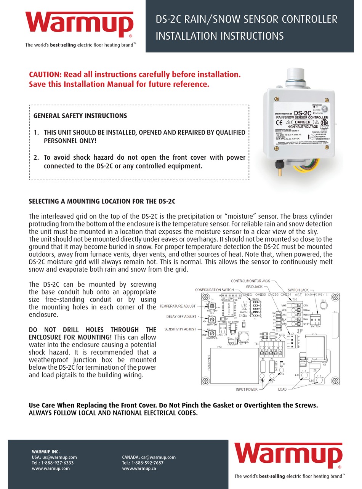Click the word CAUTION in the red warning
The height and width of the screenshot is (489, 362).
tap(45, 75)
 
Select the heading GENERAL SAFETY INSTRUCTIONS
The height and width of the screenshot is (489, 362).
tap(80, 115)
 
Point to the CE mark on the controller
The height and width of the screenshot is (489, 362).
tap(279, 123)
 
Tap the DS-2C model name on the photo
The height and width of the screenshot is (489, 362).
tap(301, 113)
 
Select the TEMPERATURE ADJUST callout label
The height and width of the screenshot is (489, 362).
tap(177, 306)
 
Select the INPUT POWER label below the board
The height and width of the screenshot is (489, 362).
tap(246, 390)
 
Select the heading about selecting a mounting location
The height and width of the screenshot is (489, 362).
tap(102, 201)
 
